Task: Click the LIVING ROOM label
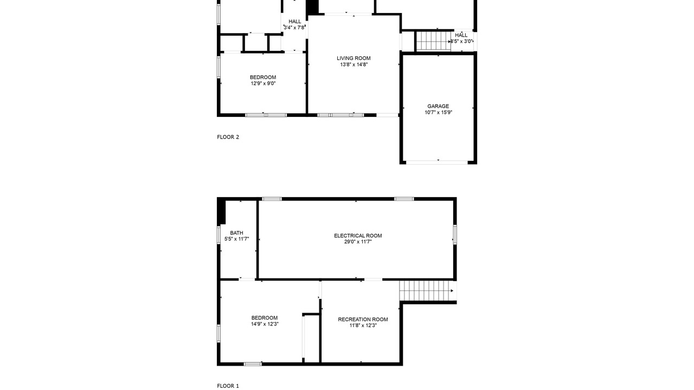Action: pyautogui.click(x=354, y=58)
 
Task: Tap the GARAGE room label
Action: pyautogui.click(x=438, y=106)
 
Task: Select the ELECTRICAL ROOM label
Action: pyautogui.click(x=358, y=236)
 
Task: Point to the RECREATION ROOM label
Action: pyautogui.click(x=363, y=319)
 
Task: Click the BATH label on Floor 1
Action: pyautogui.click(x=237, y=233)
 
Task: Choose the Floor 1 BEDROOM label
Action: pyautogui.click(x=264, y=317)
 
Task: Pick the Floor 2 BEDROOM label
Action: pyautogui.click(x=263, y=77)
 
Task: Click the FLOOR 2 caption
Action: pyautogui.click(x=228, y=137)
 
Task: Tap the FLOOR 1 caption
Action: pyautogui.click(x=228, y=386)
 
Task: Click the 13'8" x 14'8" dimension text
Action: pyautogui.click(x=354, y=64)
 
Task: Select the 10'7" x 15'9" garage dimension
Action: pyautogui.click(x=439, y=112)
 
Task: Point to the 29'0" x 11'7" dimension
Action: pyautogui.click(x=358, y=242)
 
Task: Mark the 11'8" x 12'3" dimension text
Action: pyautogui.click(x=363, y=326)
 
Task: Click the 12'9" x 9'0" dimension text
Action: pyautogui.click(x=264, y=83)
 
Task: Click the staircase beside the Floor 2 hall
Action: pyautogui.click(x=433, y=41)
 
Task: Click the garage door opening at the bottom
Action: pyautogui.click(x=437, y=162)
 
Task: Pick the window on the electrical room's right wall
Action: pyautogui.click(x=455, y=235)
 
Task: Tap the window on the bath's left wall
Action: pyautogui.click(x=219, y=235)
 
